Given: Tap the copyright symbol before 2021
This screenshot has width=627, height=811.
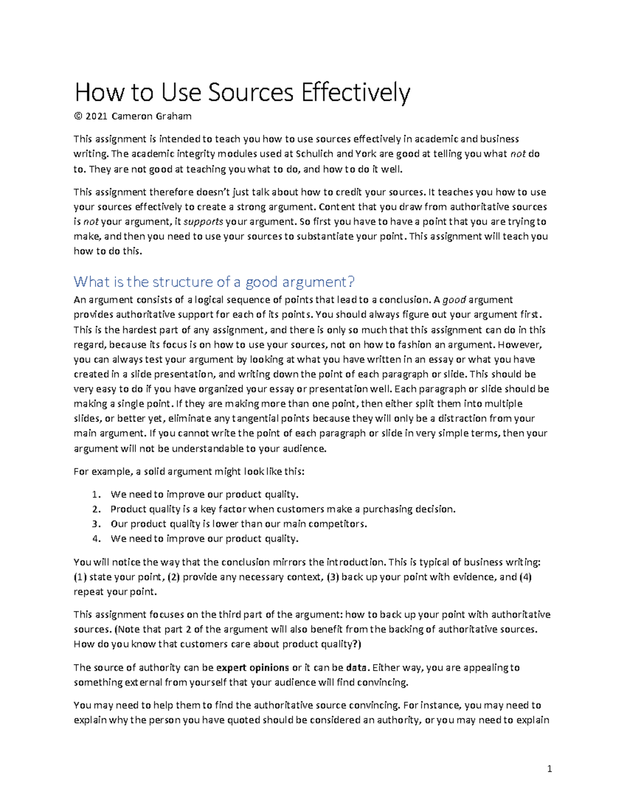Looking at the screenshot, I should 78,116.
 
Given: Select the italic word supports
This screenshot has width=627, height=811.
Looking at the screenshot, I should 205,221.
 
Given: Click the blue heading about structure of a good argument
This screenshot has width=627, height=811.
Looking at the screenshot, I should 214,282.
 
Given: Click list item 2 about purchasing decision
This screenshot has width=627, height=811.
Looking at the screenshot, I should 283,509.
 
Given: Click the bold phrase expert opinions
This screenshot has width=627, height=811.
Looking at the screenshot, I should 252,667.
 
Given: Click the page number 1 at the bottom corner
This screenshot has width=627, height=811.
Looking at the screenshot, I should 549,769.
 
